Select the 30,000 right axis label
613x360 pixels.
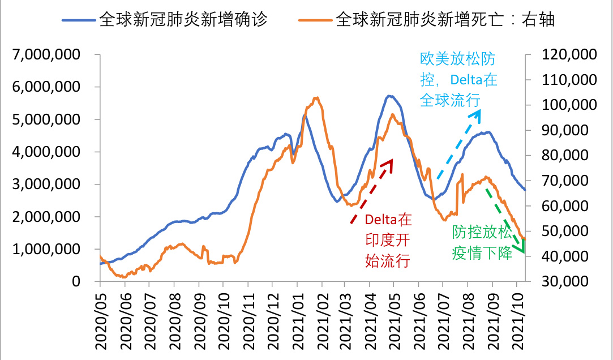(x=568, y=281)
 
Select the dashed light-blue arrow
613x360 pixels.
(x=458, y=144)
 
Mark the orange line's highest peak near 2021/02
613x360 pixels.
(x=316, y=98)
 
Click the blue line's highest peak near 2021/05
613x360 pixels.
(x=389, y=96)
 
